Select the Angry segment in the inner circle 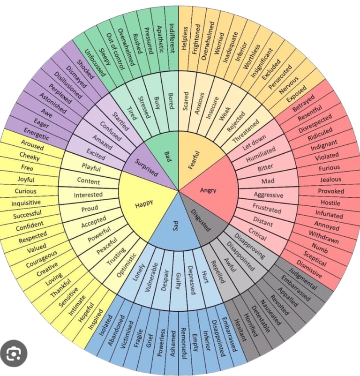tap(208, 190)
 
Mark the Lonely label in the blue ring tap(138, 270)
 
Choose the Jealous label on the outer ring tap(330, 180)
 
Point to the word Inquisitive tap(26, 203)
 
